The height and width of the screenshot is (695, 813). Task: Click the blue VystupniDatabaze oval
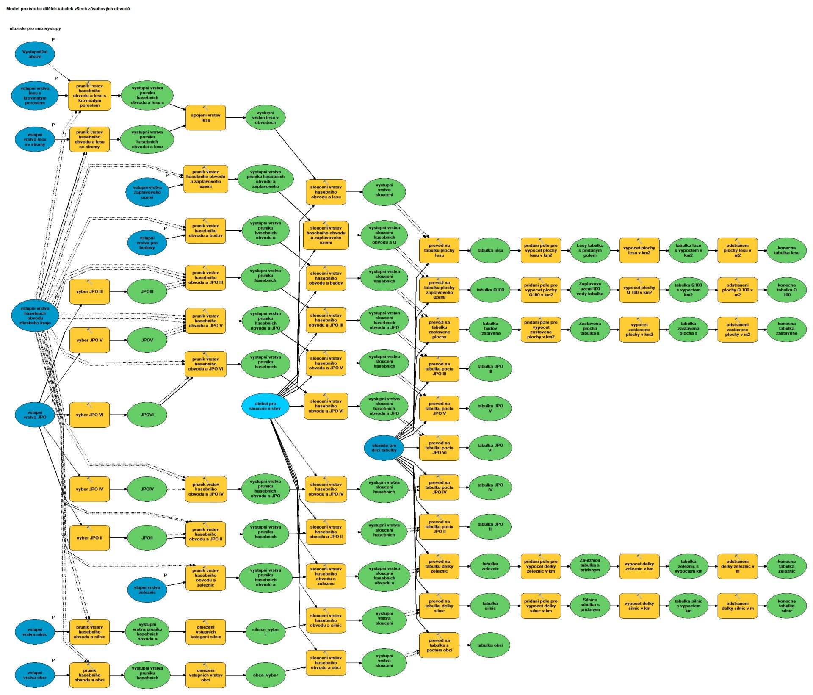coord(35,54)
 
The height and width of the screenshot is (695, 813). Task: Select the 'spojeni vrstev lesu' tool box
coord(205,118)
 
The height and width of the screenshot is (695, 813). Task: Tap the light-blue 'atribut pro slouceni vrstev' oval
coord(265,406)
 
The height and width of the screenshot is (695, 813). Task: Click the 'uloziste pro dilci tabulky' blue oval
coord(384,448)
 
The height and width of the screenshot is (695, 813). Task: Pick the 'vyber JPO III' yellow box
coord(89,291)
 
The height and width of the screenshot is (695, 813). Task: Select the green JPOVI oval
coord(147,415)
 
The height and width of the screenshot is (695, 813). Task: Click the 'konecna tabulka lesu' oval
coord(787,250)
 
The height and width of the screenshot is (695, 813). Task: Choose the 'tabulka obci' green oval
coord(490,645)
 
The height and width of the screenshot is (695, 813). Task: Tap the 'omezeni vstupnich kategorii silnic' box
coord(205,632)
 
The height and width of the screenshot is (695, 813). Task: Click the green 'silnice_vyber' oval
coord(265,632)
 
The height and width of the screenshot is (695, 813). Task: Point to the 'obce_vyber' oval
coord(265,675)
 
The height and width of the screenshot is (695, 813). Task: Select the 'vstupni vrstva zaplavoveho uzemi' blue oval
coord(147,192)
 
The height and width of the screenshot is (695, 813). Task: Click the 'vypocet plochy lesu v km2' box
coord(639,250)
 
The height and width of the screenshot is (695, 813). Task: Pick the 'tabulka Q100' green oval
coord(490,290)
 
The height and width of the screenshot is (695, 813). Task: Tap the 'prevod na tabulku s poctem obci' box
coord(439,645)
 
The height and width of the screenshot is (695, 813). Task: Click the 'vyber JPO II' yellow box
coord(89,538)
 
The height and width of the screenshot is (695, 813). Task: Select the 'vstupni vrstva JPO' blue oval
coord(35,415)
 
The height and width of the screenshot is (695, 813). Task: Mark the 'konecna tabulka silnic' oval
coord(787,606)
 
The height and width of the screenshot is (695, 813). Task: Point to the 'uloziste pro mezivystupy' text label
coord(35,28)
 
